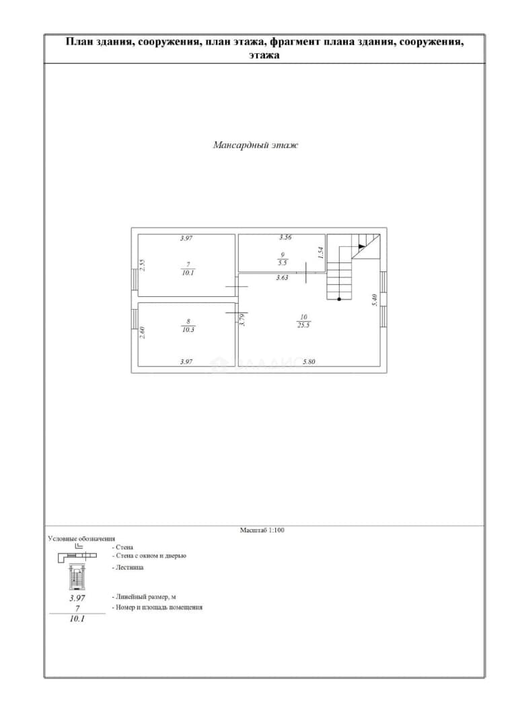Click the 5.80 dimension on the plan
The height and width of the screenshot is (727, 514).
tap(309, 361)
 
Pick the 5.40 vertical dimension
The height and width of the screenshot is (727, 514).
tap(375, 300)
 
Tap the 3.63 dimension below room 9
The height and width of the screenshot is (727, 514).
tap(283, 278)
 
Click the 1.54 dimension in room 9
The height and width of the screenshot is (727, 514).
tap(320, 252)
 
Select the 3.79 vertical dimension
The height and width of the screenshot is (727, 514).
tap(242, 320)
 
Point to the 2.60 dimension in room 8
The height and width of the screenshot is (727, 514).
tap(143, 333)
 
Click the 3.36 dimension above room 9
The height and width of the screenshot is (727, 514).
tap(285, 238)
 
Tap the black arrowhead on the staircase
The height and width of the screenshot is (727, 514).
tap(361, 246)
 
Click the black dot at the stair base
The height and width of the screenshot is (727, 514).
tap(339, 299)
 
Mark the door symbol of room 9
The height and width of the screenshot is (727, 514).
tap(307, 272)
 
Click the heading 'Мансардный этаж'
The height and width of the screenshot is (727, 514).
tap(256, 145)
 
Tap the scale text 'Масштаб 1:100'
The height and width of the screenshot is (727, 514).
tap(262, 530)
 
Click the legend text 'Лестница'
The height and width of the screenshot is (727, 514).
tap(129, 567)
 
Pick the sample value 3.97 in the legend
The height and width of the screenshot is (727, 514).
tap(77, 598)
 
